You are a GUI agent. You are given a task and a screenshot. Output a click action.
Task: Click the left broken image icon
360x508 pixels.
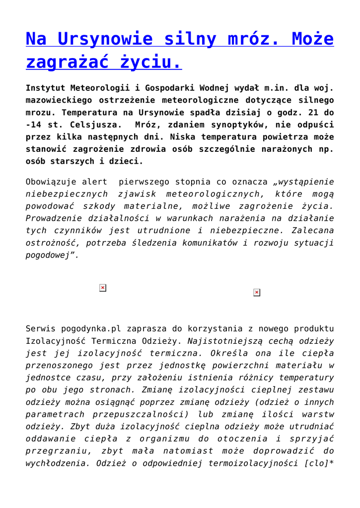pos(102,288)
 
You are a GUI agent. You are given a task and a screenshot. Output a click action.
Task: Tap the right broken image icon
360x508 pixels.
pos(257,293)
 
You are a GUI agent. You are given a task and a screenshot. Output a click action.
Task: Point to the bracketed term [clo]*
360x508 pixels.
pos(319,463)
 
